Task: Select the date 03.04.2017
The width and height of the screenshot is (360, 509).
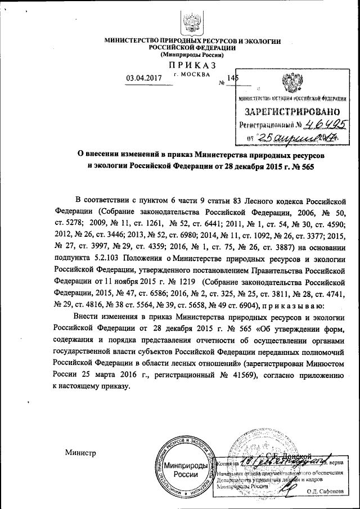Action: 145,78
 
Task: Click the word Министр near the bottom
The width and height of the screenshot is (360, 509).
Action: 80,453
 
